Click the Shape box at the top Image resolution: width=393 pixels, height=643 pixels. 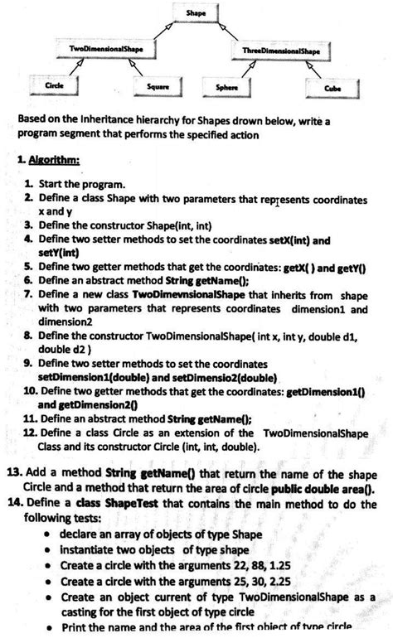coord(196,14)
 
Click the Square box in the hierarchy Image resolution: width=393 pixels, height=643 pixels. coord(158,87)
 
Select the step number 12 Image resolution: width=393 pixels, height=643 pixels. coord(30,432)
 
